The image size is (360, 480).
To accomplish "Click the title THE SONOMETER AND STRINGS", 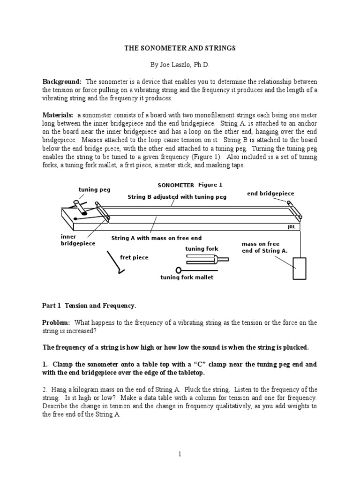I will (x=180, y=48).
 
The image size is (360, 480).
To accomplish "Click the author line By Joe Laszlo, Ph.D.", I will (x=180, y=64).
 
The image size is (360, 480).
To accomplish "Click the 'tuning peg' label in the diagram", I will (x=94, y=189).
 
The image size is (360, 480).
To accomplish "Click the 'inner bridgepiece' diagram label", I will (x=78, y=240).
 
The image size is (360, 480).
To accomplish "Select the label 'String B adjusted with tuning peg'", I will (x=177, y=197).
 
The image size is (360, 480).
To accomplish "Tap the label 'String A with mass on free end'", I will (x=156, y=238).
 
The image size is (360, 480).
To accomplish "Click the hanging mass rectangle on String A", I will (x=299, y=269).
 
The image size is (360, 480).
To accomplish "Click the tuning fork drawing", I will (x=206, y=259).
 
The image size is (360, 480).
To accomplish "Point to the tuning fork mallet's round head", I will (x=179, y=270).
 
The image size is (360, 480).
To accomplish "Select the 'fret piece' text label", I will (x=134, y=257).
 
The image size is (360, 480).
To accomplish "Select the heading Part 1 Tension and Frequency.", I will (x=89, y=306).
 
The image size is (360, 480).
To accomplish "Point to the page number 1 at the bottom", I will (x=180, y=454).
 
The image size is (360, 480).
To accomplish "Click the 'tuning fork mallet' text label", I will (x=187, y=277).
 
